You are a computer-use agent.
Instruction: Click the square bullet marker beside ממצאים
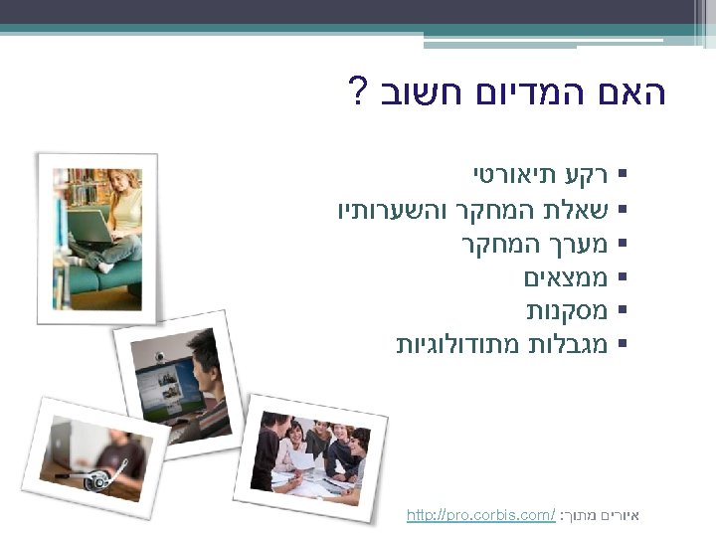[x=622, y=278]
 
